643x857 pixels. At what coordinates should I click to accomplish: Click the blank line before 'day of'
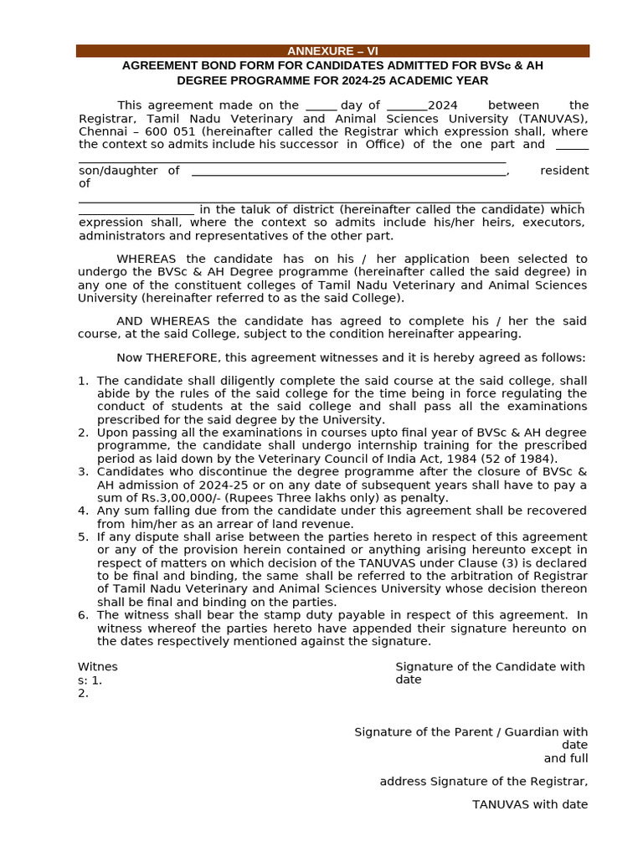[321, 106]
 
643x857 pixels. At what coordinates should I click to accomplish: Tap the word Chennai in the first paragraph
[104, 131]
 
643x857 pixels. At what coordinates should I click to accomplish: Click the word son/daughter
[117, 171]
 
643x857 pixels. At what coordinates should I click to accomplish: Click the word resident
[563, 171]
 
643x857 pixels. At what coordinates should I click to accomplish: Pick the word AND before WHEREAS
[130, 321]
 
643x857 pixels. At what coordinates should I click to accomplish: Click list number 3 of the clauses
[83, 472]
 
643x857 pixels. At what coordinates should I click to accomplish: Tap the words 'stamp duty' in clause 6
[250, 615]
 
